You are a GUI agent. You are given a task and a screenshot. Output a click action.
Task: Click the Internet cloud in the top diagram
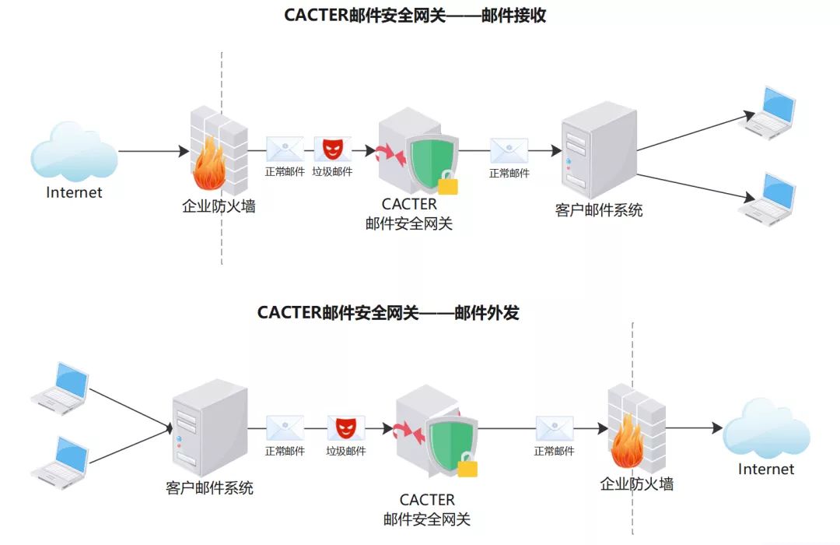[x=74, y=153]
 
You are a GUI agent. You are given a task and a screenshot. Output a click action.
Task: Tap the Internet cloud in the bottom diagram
[x=766, y=429]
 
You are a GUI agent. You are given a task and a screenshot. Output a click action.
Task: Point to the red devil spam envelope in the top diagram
[x=332, y=149]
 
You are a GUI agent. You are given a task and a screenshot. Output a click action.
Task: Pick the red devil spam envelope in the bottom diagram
[x=345, y=428]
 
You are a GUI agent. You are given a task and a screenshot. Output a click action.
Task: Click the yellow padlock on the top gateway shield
[x=448, y=185]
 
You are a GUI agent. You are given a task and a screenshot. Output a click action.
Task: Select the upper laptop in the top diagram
[x=772, y=113]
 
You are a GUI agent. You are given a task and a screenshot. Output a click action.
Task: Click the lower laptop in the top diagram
[x=772, y=199]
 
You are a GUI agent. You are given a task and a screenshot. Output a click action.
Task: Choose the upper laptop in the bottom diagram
[x=62, y=385]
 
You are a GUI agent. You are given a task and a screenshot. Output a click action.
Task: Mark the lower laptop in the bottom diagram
[x=62, y=458]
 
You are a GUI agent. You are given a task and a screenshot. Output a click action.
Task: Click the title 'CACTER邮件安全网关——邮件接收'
[x=415, y=16]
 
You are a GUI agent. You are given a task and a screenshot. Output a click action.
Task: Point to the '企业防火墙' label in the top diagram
[x=219, y=206]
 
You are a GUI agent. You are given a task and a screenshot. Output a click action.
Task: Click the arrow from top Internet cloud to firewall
[x=154, y=151]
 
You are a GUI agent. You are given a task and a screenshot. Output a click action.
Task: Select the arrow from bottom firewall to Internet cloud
[x=694, y=427]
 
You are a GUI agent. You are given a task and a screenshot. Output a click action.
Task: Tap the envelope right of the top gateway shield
[x=509, y=150]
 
